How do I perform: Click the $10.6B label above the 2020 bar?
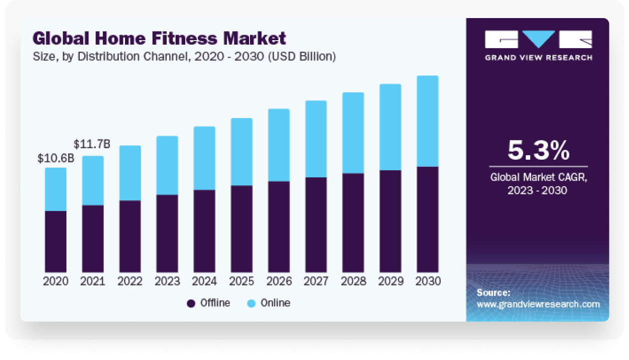point(56,159)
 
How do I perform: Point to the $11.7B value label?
point(92,145)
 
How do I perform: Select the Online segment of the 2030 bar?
point(427,121)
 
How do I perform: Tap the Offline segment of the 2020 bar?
point(56,242)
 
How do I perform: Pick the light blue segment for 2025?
point(241,152)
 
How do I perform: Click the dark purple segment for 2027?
point(316,224)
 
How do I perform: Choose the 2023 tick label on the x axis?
point(167,281)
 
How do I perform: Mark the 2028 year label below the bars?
point(353,281)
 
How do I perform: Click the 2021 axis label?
point(93,281)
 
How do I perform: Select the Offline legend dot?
point(191,303)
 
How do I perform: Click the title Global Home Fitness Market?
point(159,38)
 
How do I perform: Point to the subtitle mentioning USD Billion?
point(184,57)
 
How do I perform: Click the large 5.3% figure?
point(539,150)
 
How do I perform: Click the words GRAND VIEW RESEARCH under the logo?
point(538,57)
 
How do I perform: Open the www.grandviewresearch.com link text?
point(538,304)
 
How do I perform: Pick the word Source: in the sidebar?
point(493,293)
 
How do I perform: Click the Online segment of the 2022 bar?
point(130,173)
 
